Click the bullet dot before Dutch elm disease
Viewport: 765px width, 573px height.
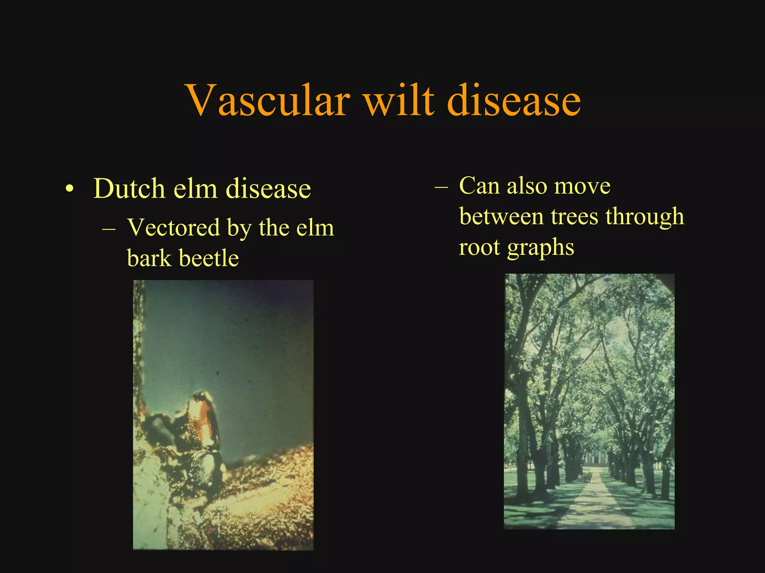coord(69,189)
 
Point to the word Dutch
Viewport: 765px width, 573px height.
coord(129,188)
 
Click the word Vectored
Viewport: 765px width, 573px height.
coord(173,227)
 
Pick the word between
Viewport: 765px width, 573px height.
coord(501,216)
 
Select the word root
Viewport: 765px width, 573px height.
coord(479,248)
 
